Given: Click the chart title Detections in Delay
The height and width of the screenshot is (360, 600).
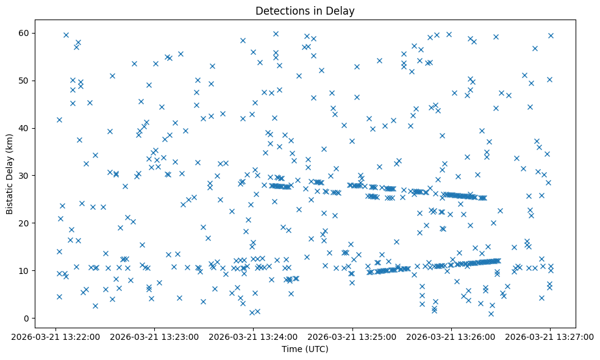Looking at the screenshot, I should [x=305, y=10].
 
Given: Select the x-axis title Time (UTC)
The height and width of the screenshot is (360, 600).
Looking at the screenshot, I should [x=305, y=349].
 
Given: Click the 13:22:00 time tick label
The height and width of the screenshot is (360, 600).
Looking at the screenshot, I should [x=56, y=337].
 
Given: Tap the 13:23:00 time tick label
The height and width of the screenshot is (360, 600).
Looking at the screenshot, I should [x=155, y=337].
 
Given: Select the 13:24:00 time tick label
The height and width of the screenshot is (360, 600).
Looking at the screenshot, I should [x=254, y=337].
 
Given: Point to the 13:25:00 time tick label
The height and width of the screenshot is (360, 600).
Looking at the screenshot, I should [x=352, y=337].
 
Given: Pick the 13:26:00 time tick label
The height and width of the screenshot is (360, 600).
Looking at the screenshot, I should [x=451, y=337].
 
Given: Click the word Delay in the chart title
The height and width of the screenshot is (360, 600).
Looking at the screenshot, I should [x=342, y=10].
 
